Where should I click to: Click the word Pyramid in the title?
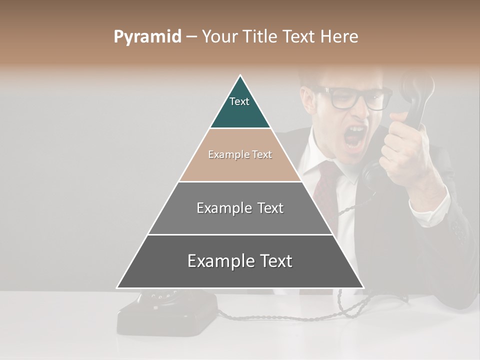coord(147,37)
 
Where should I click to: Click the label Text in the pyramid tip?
coord(239,101)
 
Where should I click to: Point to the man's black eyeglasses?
coord(355,98)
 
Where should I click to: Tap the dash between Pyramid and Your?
coord(191,37)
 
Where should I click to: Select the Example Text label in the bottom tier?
coord(239,261)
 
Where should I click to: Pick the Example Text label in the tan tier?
coord(240,154)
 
